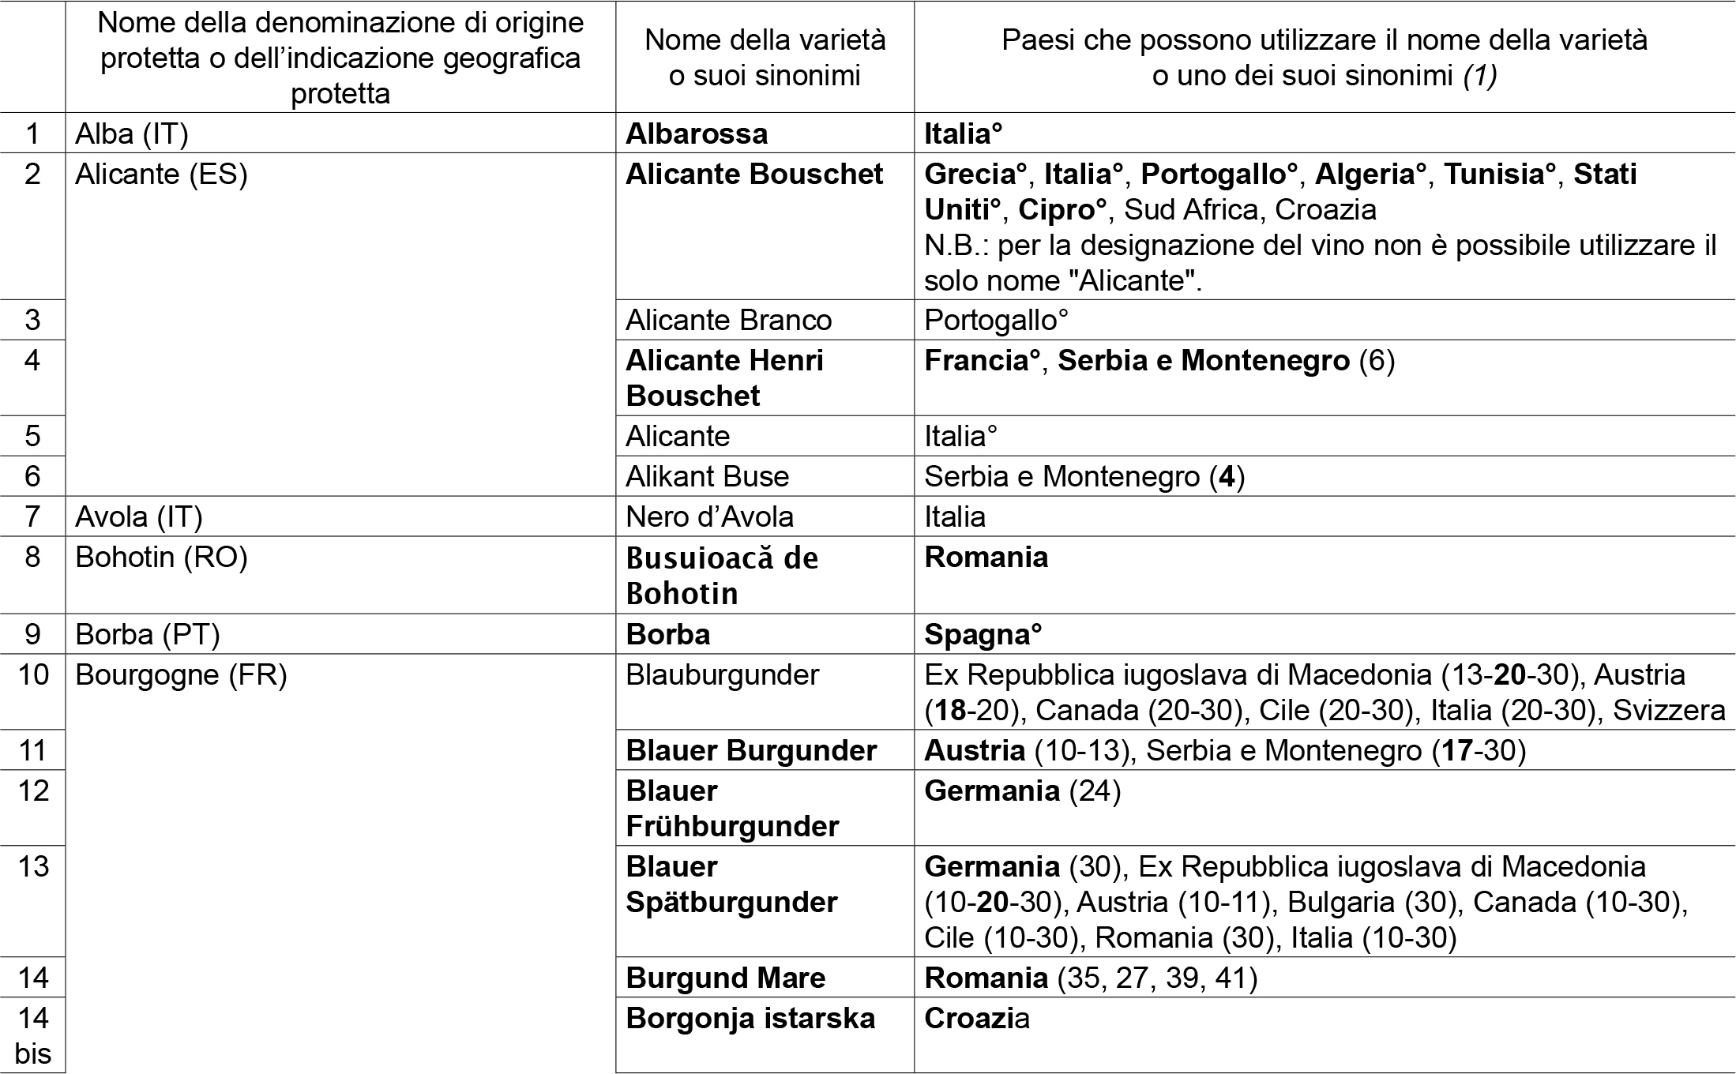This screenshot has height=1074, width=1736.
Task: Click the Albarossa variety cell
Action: click(x=696, y=133)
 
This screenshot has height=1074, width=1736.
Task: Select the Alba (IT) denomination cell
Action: click(x=132, y=133)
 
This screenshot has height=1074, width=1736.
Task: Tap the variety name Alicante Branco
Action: click(x=728, y=320)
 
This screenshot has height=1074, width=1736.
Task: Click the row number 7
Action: click(x=32, y=516)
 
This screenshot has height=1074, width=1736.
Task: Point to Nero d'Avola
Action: click(x=709, y=516)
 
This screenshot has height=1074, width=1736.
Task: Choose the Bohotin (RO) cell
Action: click(x=161, y=558)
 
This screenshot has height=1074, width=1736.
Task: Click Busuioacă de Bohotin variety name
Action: click(x=721, y=575)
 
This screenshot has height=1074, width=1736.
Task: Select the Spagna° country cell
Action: click(x=983, y=634)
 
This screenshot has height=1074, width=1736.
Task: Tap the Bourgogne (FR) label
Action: click(x=181, y=675)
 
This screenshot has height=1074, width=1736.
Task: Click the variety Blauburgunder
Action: click(x=722, y=675)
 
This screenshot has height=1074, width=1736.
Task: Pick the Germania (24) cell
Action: click(x=1022, y=790)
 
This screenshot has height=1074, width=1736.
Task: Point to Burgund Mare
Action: click(x=725, y=978)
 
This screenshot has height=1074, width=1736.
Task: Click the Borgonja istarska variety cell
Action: click(x=750, y=1019)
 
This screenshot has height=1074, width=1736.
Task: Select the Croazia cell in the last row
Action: click(x=976, y=1019)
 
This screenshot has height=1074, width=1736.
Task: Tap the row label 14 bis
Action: click(x=32, y=1035)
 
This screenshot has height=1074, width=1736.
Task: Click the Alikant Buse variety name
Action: click(x=707, y=476)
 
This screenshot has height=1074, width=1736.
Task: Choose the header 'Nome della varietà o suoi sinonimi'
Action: click(x=765, y=57)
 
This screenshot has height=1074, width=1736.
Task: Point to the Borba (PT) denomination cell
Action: click(x=147, y=634)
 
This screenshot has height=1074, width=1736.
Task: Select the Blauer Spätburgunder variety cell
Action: click(x=731, y=884)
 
